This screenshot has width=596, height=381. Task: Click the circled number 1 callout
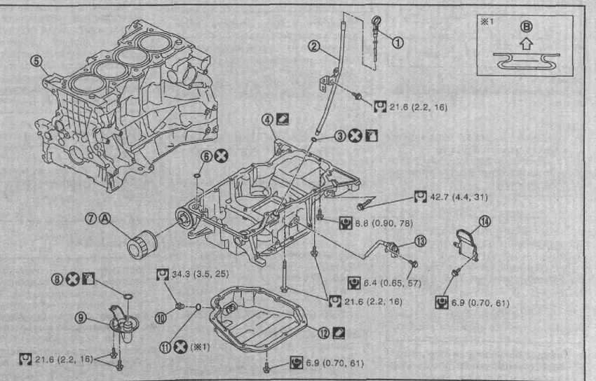398,42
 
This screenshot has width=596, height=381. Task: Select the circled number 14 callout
485,222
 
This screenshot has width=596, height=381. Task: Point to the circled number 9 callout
82,318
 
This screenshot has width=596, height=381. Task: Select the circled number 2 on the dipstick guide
314,47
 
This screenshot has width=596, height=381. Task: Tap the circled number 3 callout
340,136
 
